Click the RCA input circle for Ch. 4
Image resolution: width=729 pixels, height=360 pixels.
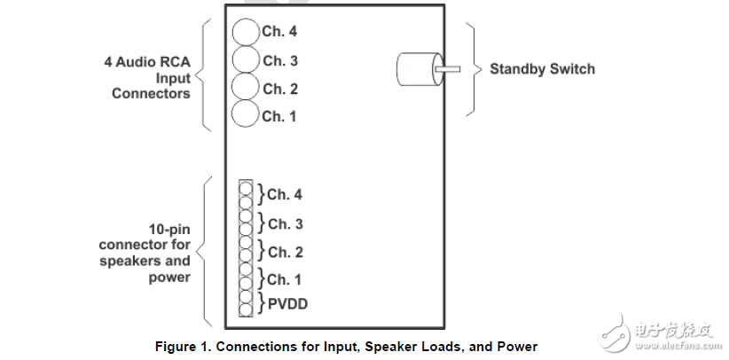pyautogui.click(x=246, y=32)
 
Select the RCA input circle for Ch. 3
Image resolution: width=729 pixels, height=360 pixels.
pyautogui.click(x=246, y=59)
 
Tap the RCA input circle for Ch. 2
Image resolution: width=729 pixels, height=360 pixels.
pyautogui.click(x=246, y=87)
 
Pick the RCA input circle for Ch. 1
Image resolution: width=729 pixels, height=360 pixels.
pyautogui.click(x=246, y=114)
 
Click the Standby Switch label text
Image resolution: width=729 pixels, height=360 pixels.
pyautogui.click(x=542, y=68)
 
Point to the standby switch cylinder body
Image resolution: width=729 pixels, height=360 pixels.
pyautogui.click(x=415, y=69)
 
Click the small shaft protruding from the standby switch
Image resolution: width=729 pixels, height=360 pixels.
pyautogui.click(x=447, y=69)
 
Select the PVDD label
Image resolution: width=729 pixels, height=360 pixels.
pyautogui.click(x=289, y=305)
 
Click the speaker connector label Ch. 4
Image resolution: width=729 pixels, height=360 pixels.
pyautogui.click(x=285, y=195)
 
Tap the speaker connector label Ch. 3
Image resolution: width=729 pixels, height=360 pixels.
pyautogui.click(x=285, y=223)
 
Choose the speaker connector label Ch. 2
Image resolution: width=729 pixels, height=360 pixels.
pyautogui.click(x=285, y=252)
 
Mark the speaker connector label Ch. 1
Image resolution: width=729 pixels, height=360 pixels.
pyautogui.click(x=285, y=279)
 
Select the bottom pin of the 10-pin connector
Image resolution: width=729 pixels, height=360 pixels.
pyautogui.click(x=246, y=310)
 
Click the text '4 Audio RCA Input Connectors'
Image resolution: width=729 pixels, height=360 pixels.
pyautogui.click(x=147, y=78)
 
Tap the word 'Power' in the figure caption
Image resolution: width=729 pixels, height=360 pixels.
pyautogui.click(x=516, y=346)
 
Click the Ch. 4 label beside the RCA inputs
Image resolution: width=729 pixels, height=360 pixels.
pyautogui.click(x=279, y=32)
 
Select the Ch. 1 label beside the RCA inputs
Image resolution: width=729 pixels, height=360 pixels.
pyautogui.click(x=279, y=115)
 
